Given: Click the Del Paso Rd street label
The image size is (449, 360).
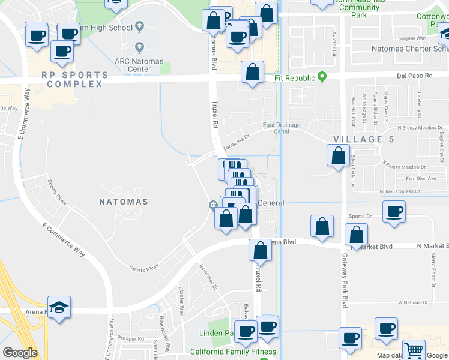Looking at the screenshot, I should point(415,76).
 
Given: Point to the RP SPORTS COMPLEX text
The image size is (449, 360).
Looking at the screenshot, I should point(75,80).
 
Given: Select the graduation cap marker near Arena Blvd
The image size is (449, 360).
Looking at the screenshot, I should point(59,308).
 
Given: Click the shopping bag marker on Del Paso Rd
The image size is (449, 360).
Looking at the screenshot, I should point(253,73).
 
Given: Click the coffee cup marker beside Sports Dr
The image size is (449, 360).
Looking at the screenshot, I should point(394,212).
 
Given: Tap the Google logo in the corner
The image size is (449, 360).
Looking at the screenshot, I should point(20,352).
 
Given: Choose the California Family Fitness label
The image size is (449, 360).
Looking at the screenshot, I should point(233,352).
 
